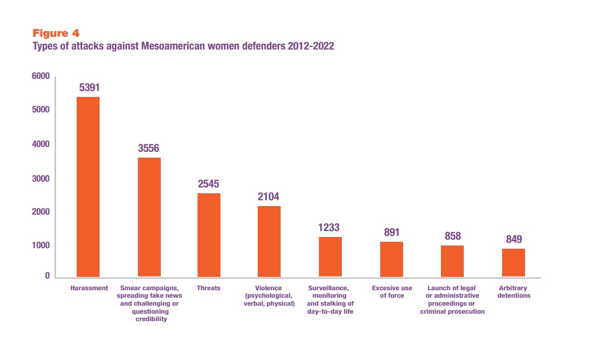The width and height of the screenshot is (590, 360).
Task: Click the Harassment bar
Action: [x=88, y=186]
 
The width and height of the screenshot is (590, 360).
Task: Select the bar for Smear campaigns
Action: [x=149, y=217]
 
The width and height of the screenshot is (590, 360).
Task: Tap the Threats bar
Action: [x=209, y=235]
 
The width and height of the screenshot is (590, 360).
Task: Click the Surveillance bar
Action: [x=330, y=257]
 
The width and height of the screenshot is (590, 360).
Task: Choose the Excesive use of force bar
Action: [x=391, y=259]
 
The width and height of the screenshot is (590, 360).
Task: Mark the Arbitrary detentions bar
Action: [x=513, y=263]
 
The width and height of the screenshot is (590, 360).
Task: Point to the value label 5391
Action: [x=89, y=87]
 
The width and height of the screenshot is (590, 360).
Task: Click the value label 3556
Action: [x=149, y=148]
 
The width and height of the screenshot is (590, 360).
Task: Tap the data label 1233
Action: [x=330, y=227]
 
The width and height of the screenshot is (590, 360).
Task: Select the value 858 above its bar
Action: [x=453, y=236]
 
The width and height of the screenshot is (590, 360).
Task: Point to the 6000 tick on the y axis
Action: [x=41, y=76]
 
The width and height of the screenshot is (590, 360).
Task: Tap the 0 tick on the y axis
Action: [x=47, y=276]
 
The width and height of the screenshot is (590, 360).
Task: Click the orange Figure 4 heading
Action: [x=56, y=34]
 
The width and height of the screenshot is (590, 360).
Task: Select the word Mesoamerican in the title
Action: [x=175, y=46]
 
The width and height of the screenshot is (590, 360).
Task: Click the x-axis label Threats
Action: [x=209, y=288]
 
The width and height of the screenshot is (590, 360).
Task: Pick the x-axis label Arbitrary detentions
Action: [x=514, y=292]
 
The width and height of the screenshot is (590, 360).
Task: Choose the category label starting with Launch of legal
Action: [x=453, y=300]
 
